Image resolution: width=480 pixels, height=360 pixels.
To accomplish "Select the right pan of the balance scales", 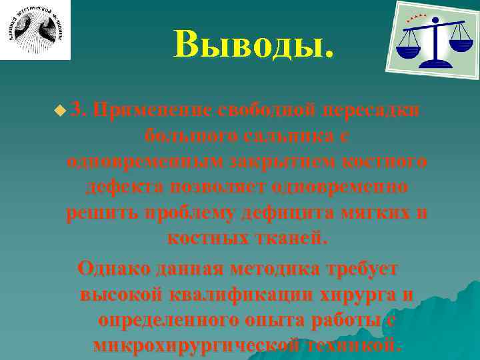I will [x=460, y=43].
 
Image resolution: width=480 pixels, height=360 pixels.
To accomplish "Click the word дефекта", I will [x=123, y=187].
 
